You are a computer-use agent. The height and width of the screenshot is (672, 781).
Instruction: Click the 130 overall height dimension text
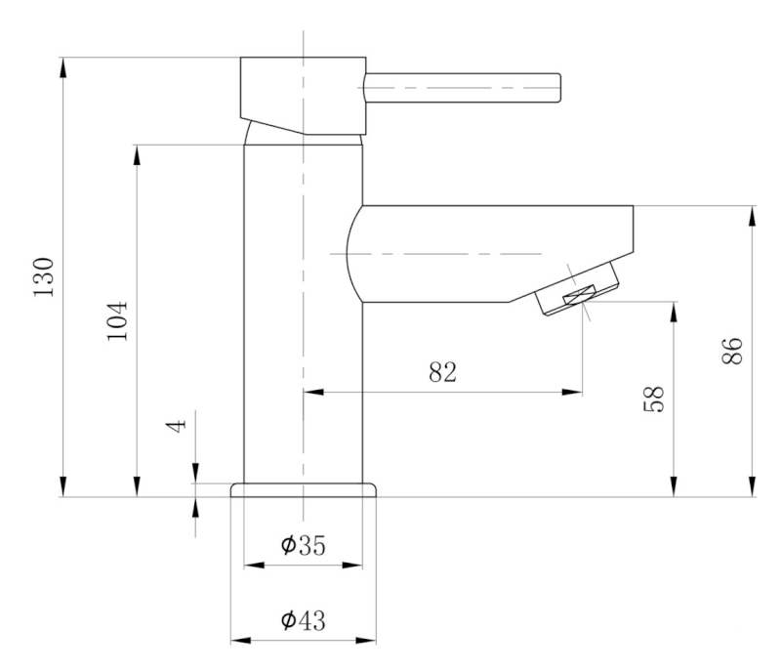[x=45, y=278]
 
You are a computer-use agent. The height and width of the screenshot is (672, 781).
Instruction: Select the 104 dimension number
[x=116, y=320]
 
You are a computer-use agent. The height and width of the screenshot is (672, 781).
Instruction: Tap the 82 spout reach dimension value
[x=443, y=372]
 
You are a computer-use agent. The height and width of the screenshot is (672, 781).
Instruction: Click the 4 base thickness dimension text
[x=176, y=427]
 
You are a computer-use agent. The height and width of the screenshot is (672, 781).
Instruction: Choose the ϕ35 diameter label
[x=303, y=546]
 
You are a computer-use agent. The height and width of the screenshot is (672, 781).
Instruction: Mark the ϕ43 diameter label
[x=303, y=620]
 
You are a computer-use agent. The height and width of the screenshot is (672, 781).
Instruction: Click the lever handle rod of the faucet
[x=463, y=88]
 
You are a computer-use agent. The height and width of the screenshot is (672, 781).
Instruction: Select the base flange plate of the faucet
[x=304, y=489]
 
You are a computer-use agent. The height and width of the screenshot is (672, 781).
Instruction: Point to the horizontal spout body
[x=488, y=252]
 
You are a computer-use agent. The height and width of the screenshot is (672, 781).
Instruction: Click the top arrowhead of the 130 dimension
[x=63, y=66]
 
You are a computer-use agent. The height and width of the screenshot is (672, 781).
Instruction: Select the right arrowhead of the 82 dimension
[x=576, y=393]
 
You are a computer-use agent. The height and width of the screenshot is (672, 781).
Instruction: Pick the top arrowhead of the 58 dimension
[x=674, y=309]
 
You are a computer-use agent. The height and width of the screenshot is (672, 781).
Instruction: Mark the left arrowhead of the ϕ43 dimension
[x=237, y=641]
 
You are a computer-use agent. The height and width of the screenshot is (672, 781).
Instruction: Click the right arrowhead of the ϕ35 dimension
[x=357, y=566]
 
